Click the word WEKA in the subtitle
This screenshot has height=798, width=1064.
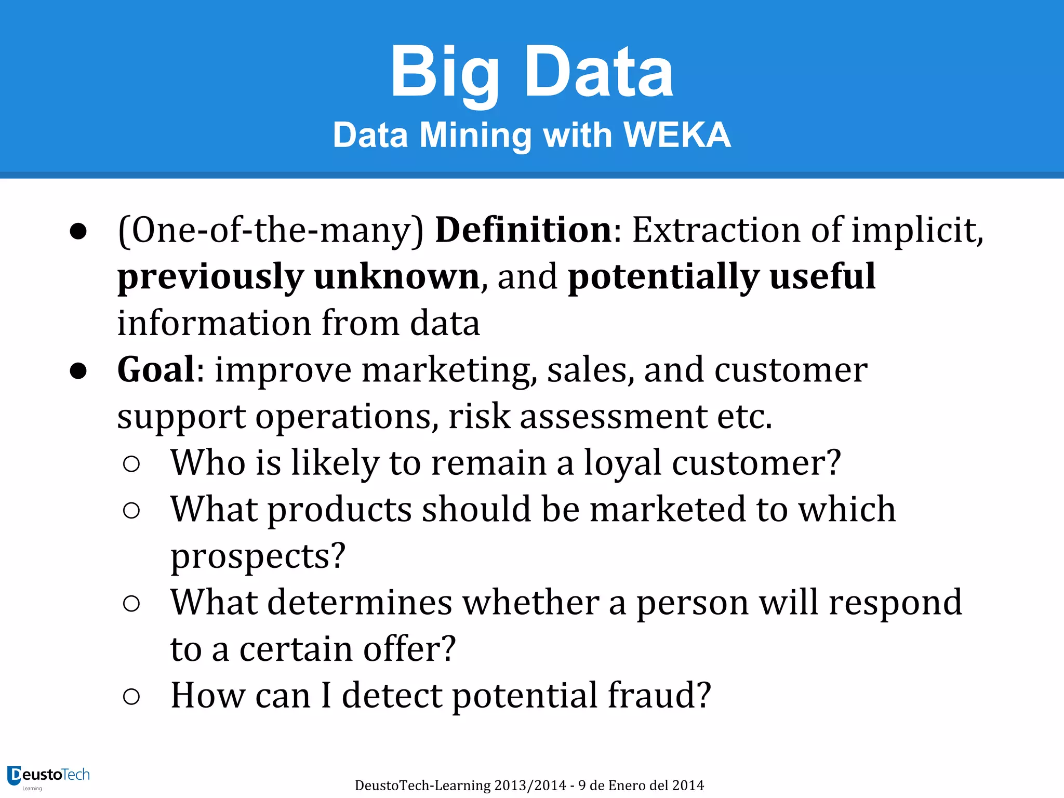point(677,135)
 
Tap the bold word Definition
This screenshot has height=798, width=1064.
point(524,230)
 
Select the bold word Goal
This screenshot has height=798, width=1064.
point(156,370)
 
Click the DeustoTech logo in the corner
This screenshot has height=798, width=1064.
point(48,777)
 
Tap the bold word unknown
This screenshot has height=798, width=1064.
point(397,276)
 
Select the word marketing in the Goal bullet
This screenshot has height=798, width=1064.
point(446,370)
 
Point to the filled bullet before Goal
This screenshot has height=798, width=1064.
point(78,371)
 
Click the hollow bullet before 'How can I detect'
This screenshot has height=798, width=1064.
point(131,696)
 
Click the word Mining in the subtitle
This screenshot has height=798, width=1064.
point(475,135)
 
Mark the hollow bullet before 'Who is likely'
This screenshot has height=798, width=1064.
point(131,463)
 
